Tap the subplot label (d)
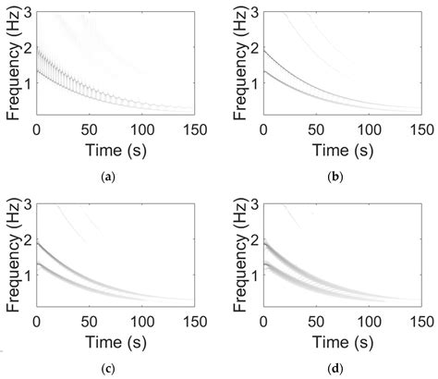click(337, 369)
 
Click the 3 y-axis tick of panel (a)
click(28, 12)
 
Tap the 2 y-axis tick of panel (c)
click(28, 237)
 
